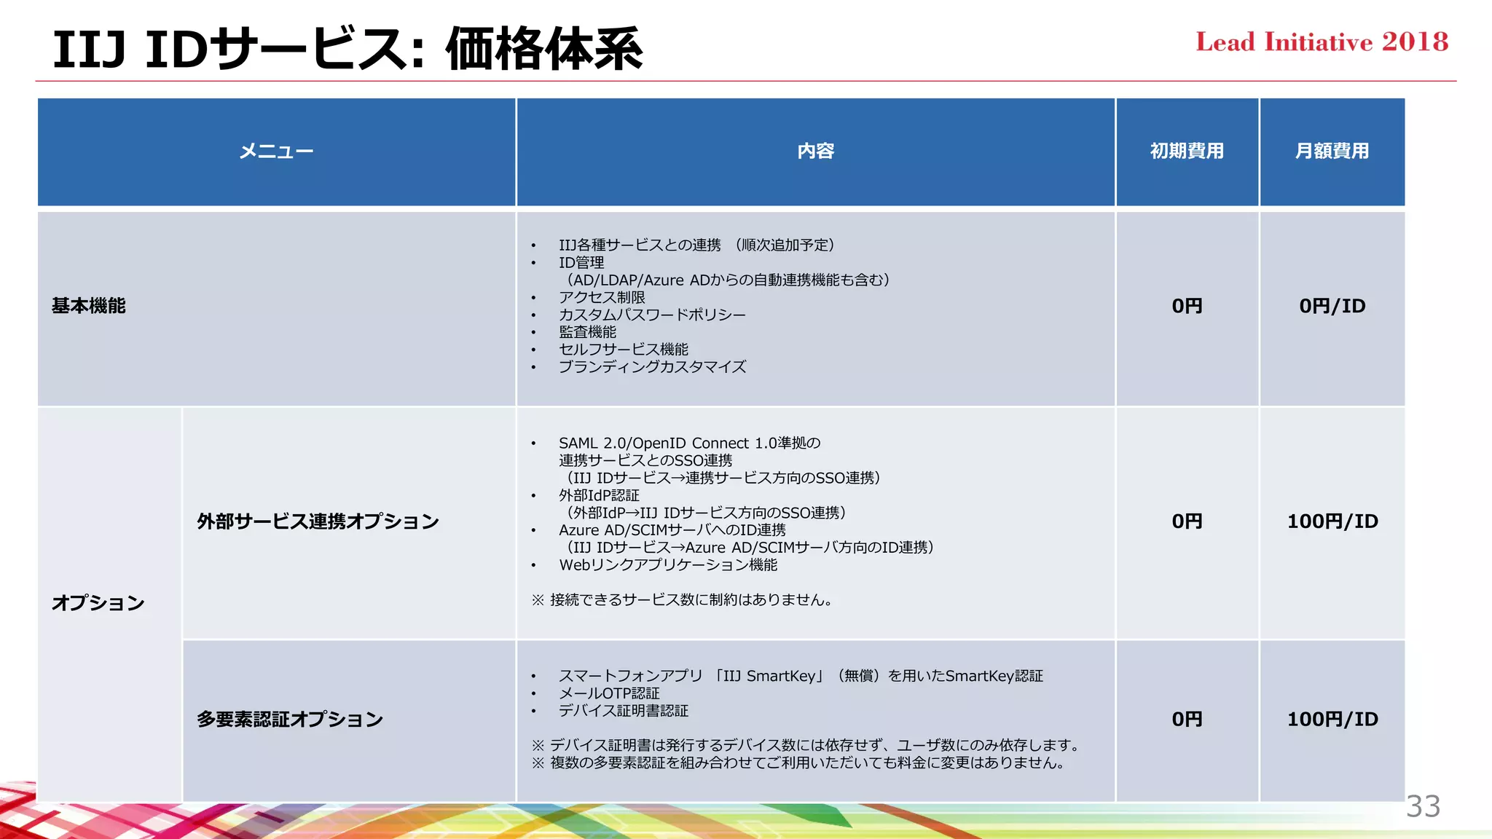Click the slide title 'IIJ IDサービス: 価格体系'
click(348, 49)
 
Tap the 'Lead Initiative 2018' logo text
click(1322, 42)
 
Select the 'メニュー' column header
click(276, 151)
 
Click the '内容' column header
click(815, 151)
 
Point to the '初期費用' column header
click(1187, 151)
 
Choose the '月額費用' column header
click(1332, 151)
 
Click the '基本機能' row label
click(89, 306)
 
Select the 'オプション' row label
click(98, 603)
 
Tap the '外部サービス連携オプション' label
click(318, 521)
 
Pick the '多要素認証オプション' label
click(290, 720)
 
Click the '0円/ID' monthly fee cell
click(1332, 306)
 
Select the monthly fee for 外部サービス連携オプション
click(1332, 521)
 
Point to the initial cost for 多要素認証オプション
click(1187, 720)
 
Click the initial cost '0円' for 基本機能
click(1187, 306)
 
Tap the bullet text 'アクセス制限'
click(602, 297)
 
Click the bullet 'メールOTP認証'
click(609, 693)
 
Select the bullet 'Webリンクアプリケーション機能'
click(668, 565)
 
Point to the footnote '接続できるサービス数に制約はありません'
click(691, 600)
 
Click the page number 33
click(1423, 806)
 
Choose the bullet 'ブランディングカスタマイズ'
click(652, 367)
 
